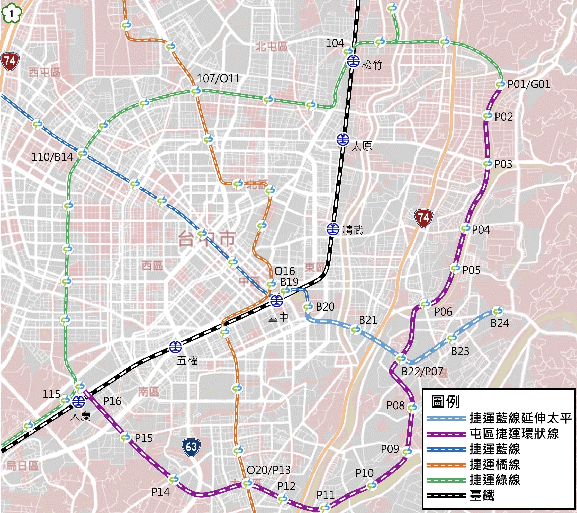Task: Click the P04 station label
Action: pyautogui.click(x=481, y=230)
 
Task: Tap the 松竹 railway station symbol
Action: pyautogui.click(x=353, y=61)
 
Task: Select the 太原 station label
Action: pyautogui.click(x=362, y=146)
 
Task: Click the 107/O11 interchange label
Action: pyautogui.click(x=218, y=78)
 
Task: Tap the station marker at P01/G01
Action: pyautogui.click(x=500, y=84)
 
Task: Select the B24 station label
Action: pyautogui.click(x=500, y=323)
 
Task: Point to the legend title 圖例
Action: pyautogui.click(x=445, y=402)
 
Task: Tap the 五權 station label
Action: pyautogui.click(x=187, y=361)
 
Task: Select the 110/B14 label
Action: pyautogui.click(x=52, y=157)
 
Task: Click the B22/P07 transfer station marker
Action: pyautogui.click(x=401, y=359)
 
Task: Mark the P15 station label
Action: pyautogui.click(x=144, y=438)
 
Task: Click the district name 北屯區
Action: pyautogui.click(x=271, y=46)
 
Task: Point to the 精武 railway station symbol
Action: pyautogui.click(x=333, y=229)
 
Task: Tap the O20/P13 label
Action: pyautogui.click(x=268, y=470)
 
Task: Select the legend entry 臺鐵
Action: pyautogui.click(x=482, y=496)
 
